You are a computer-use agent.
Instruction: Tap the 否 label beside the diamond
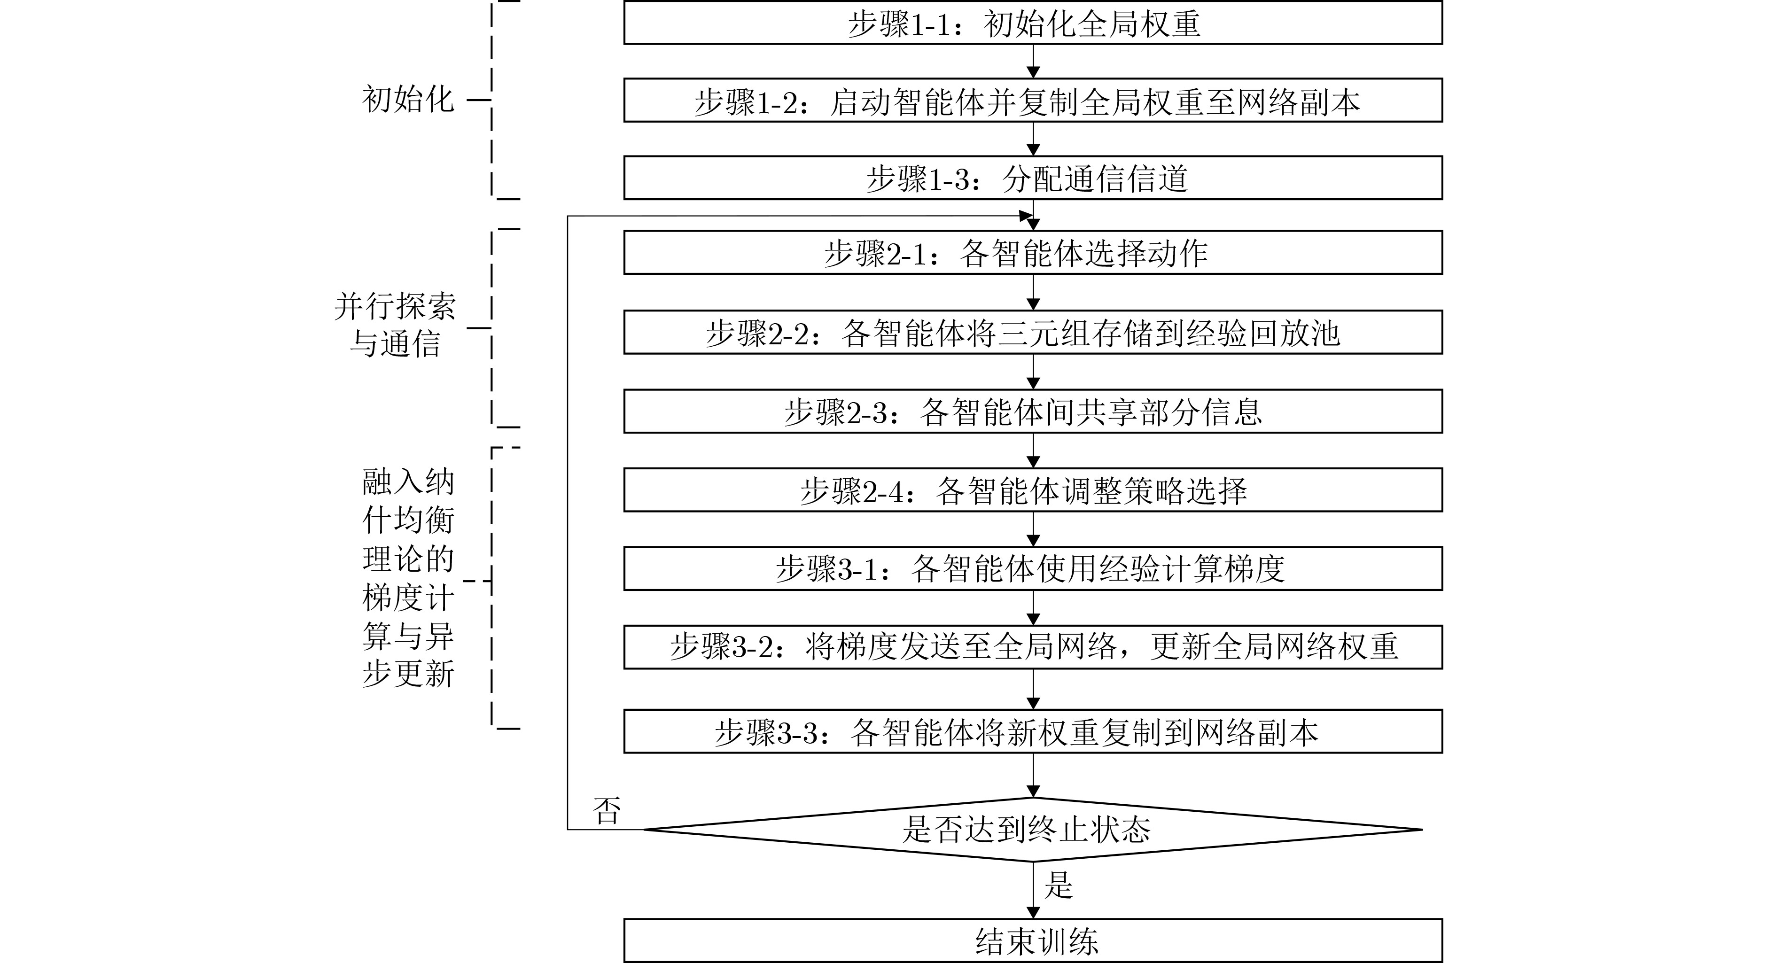(x=607, y=811)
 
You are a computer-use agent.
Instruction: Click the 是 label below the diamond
(x=1059, y=885)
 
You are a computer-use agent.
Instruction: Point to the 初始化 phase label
(x=408, y=99)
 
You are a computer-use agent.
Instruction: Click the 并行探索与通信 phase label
(x=395, y=325)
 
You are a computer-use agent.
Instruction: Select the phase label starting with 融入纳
(x=408, y=578)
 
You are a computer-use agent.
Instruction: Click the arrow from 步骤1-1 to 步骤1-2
(x=1033, y=62)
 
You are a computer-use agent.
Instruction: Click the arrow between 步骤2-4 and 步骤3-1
(x=1033, y=529)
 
